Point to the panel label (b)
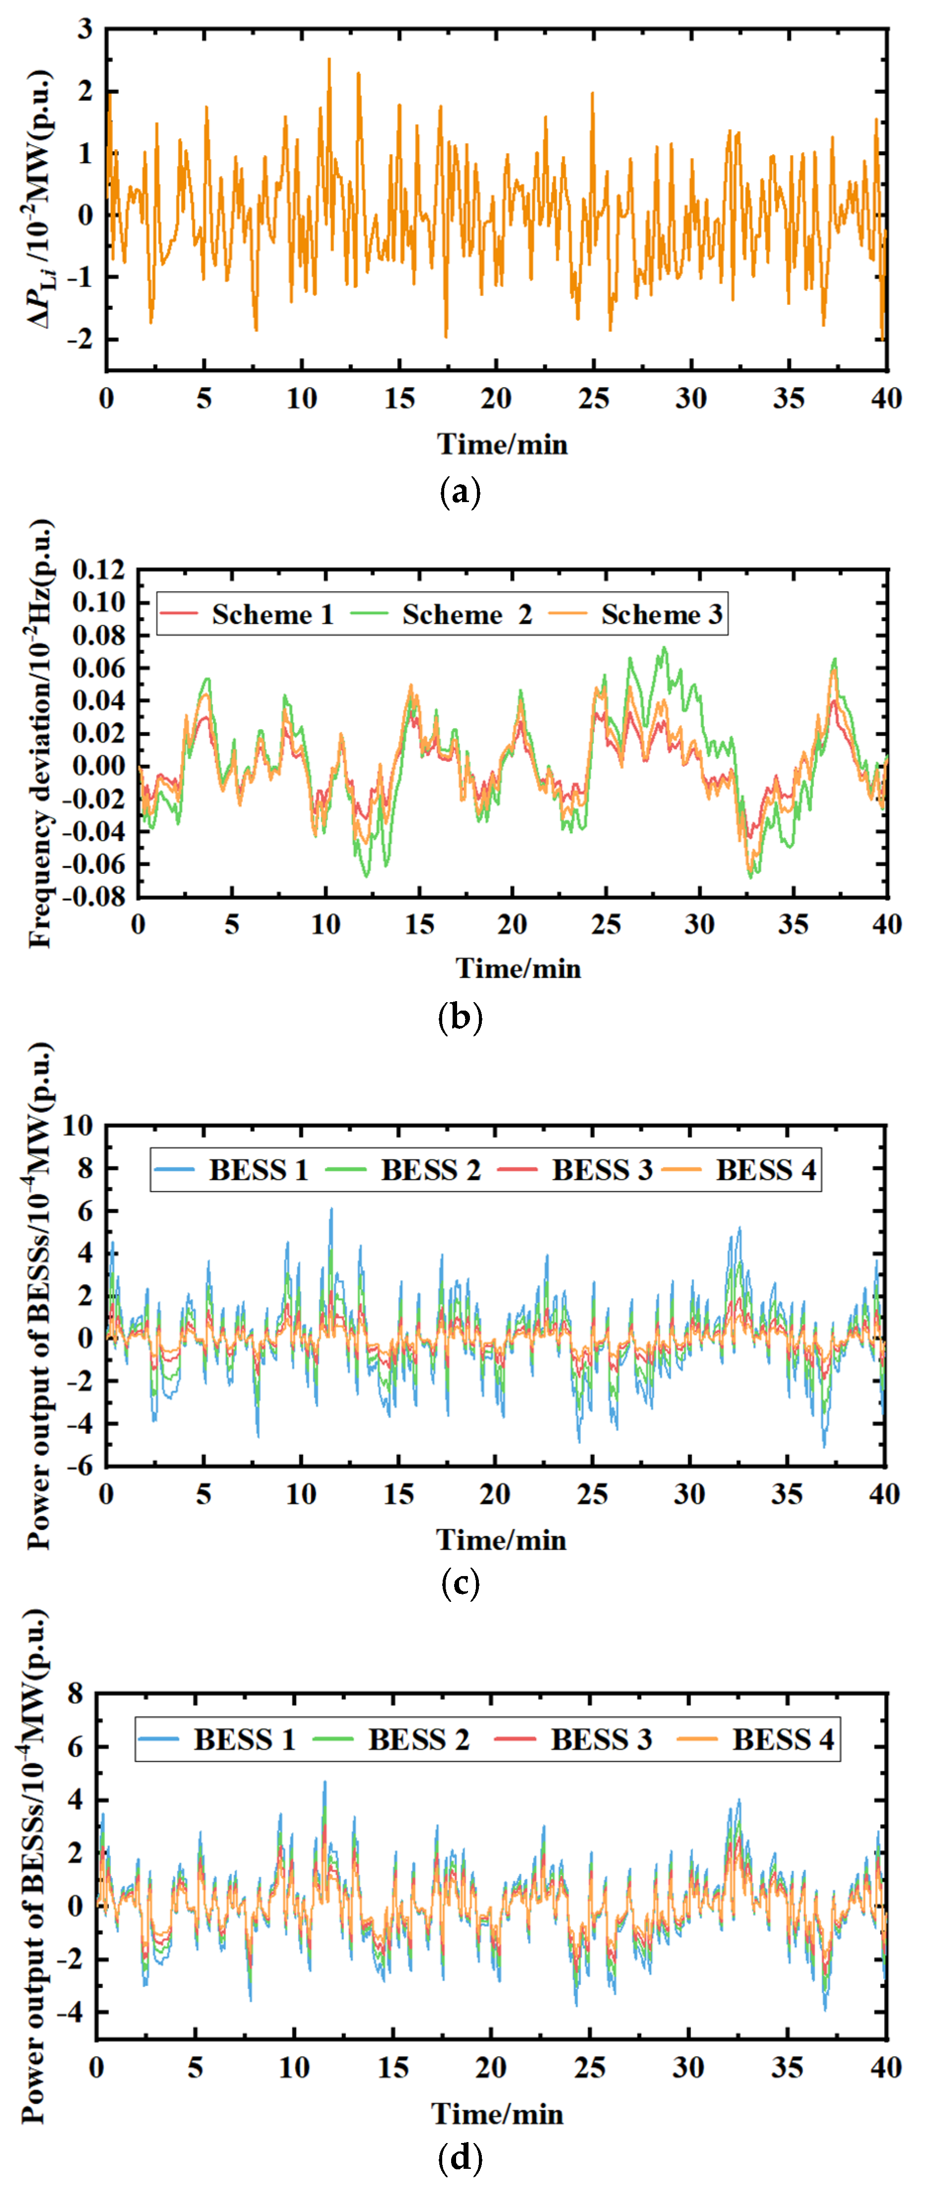(x=460, y=1018)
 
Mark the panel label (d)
(x=460, y=2157)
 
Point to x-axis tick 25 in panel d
(x=589, y=2067)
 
